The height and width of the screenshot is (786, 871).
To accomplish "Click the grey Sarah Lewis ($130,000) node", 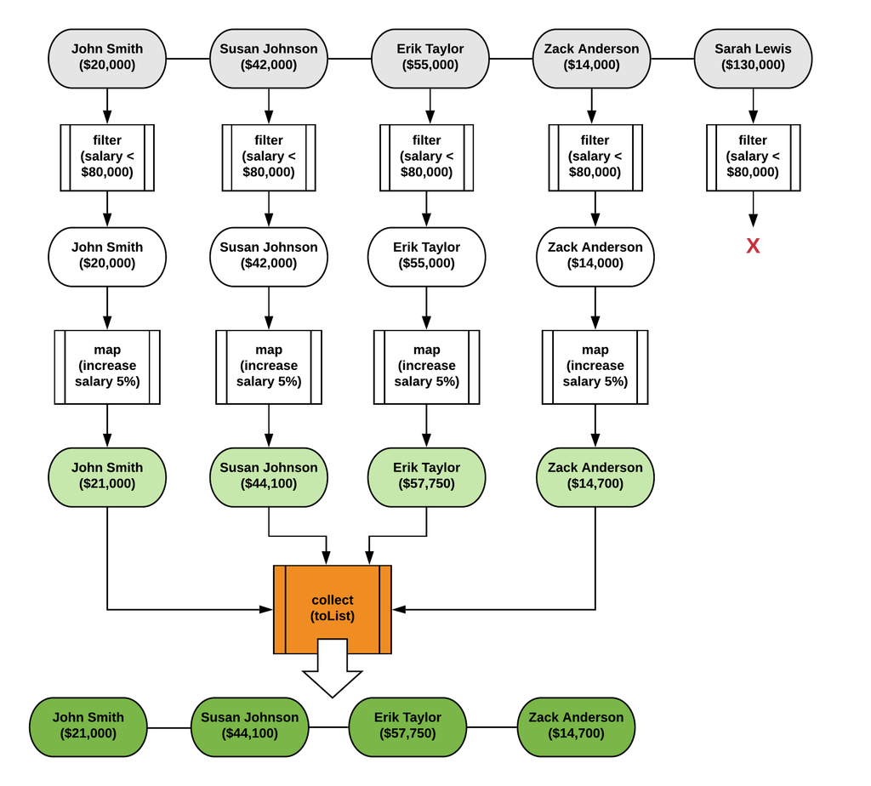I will pos(753,57).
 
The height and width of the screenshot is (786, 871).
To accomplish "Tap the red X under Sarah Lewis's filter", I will pos(753,246).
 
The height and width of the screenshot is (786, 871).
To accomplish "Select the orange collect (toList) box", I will pos(333,608).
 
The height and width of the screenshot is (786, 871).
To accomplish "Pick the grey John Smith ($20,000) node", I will pos(107,57).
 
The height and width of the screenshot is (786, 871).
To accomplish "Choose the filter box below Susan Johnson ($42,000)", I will pos(269,157).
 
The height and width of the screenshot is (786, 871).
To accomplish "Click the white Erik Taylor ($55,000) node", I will pos(427,255).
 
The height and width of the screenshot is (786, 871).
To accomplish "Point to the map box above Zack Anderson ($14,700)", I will pos(595,366).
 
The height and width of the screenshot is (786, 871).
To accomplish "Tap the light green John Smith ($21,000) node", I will pos(107,476).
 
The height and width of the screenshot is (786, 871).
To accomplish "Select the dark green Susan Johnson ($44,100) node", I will pos(250,726).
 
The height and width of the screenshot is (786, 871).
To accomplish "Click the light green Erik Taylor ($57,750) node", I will pos(427,476).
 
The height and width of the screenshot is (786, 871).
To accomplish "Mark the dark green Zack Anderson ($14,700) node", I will pos(576,726).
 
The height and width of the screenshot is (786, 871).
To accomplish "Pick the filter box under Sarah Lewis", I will pos(753,157).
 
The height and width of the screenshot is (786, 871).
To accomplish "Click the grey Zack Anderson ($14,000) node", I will pos(592,57).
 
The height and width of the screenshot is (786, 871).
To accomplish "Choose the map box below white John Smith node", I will pos(107,366).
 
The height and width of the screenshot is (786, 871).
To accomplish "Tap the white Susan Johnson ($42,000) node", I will pos(269,255).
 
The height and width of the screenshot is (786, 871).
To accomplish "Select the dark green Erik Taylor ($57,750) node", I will pos(408,726).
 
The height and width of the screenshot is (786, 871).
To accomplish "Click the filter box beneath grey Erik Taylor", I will pos(427,157).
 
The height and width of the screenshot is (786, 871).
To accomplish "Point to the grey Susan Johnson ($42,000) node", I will pos(269,57).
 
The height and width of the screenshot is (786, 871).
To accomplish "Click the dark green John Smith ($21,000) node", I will pos(88,726).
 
